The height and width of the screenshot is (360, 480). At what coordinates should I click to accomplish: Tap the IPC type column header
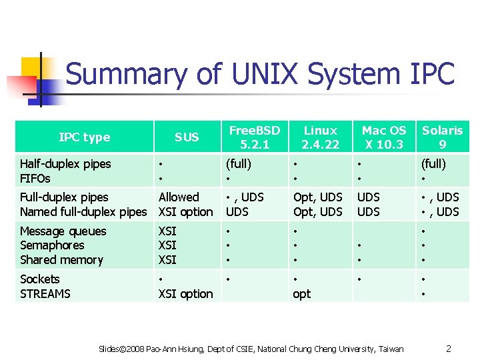(84, 137)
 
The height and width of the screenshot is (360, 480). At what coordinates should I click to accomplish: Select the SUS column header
(187, 137)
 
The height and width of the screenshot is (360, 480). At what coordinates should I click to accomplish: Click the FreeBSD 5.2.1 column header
(254, 137)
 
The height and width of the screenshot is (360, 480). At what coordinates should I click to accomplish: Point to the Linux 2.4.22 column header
(320, 137)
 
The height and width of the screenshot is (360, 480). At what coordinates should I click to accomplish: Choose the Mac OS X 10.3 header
(383, 137)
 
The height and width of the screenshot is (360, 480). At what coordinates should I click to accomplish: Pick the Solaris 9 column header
(442, 137)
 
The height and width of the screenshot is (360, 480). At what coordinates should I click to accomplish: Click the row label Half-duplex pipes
(65, 164)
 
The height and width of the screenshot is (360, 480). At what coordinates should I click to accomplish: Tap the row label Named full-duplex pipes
(83, 212)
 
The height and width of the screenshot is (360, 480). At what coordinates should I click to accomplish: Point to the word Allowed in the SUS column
(179, 197)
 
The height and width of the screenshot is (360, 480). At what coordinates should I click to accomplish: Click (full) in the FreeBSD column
(239, 164)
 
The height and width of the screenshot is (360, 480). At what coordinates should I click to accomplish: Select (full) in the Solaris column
(434, 164)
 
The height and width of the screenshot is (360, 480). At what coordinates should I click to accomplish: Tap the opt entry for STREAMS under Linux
(302, 294)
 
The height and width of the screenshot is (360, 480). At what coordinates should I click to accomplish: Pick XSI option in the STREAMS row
(185, 294)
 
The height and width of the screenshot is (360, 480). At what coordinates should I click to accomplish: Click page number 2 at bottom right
(449, 349)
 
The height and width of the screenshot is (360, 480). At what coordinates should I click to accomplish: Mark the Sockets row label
(40, 279)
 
